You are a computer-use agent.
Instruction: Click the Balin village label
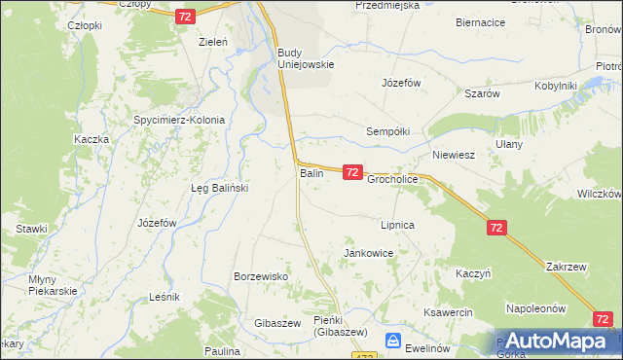[x=311, y=173]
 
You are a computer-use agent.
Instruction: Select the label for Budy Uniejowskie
[x=306, y=58]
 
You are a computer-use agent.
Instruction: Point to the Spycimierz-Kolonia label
[x=179, y=121]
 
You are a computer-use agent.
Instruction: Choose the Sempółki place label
[x=387, y=129]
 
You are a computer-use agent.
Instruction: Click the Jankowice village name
[x=368, y=253]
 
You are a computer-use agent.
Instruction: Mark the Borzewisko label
[x=261, y=276]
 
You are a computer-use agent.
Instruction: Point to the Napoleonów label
[x=535, y=308]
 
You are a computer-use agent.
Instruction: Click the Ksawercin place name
[x=447, y=312]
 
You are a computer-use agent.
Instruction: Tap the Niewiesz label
[x=453, y=155]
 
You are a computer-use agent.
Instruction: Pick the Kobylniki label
[x=556, y=86]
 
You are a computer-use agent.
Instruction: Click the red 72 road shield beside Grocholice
[x=352, y=172]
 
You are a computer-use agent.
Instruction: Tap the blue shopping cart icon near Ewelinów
[x=393, y=341]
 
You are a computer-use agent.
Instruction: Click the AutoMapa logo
[x=557, y=341]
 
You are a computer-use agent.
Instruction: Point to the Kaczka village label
[x=91, y=139]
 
